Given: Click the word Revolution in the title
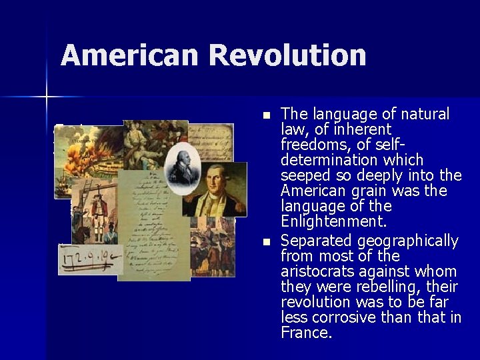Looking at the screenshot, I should click(x=287, y=55).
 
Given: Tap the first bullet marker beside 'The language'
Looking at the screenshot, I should click(x=267, y=116).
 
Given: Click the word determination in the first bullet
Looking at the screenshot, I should click(x=352, y=160).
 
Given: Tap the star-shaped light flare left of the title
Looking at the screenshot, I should click(x=47, y=97).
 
